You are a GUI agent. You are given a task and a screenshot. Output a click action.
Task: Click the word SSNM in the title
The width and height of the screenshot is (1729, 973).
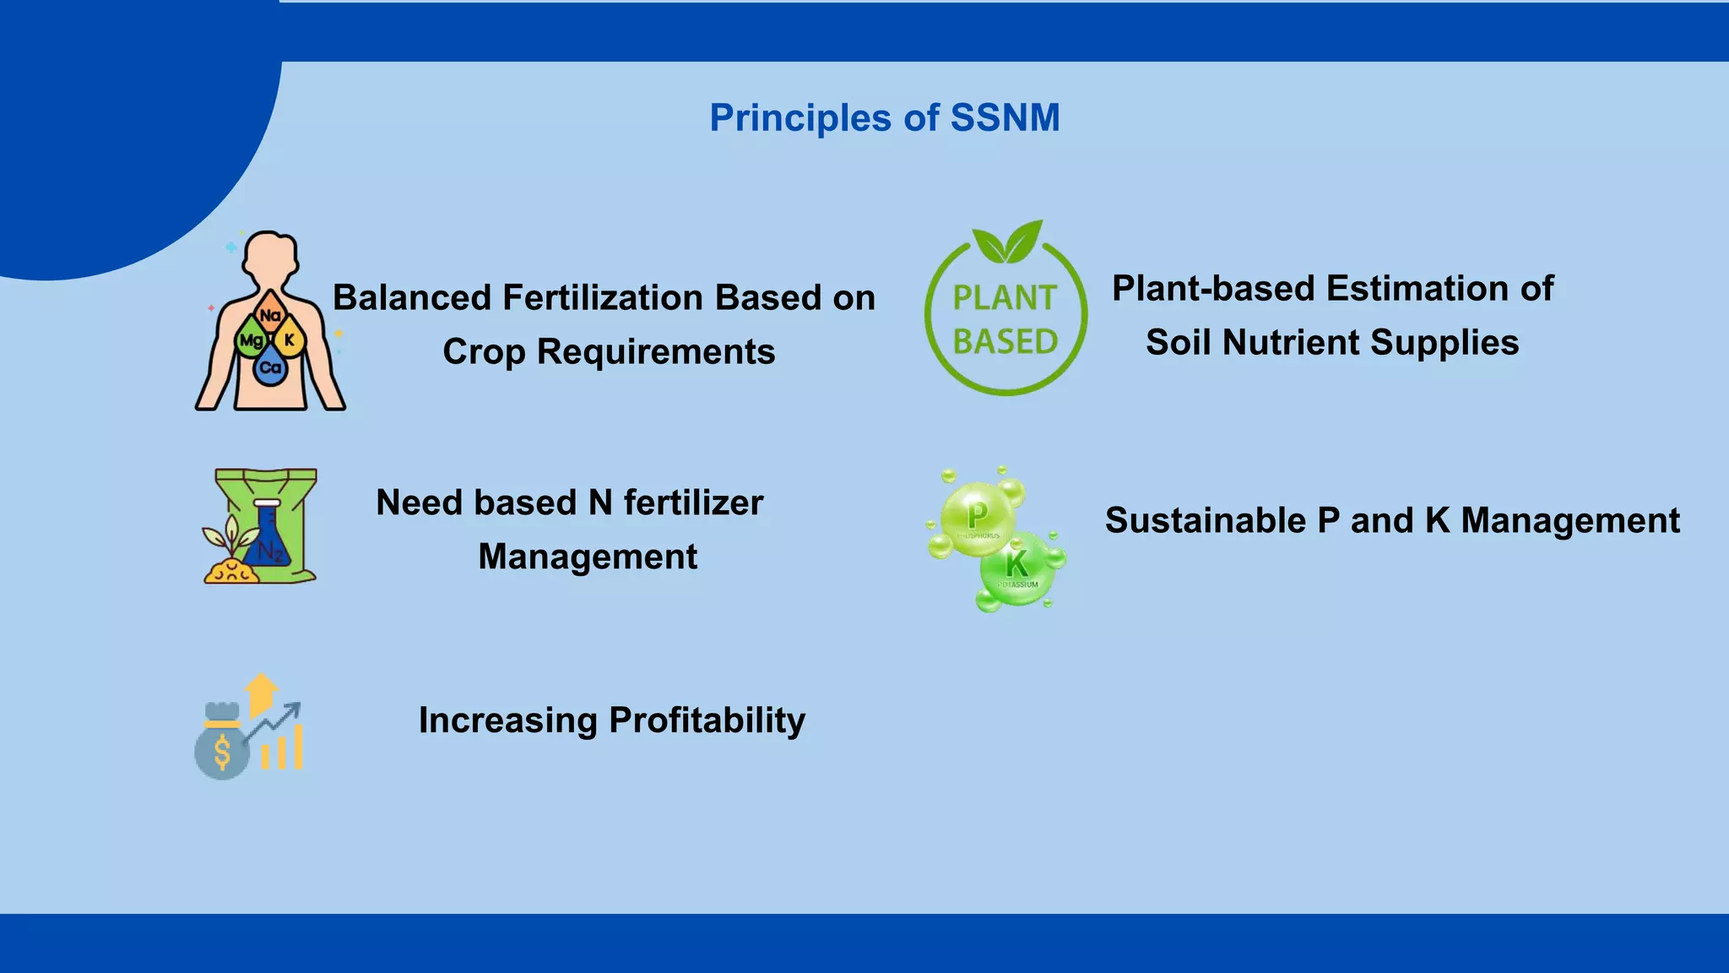(1005, 117)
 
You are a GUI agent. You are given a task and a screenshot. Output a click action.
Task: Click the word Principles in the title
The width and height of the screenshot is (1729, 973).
(799, 118)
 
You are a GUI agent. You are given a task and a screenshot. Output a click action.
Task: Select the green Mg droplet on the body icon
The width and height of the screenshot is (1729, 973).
(251, 340)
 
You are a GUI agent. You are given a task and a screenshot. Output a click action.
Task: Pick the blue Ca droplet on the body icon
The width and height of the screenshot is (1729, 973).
(270, 367)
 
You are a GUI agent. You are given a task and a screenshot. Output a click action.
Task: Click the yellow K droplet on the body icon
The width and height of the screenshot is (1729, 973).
(290, 339)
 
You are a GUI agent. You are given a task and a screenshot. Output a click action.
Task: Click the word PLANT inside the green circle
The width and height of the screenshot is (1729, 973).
(1005, 298)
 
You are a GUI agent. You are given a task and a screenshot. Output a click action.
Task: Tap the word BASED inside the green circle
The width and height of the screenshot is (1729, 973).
(1005, 342)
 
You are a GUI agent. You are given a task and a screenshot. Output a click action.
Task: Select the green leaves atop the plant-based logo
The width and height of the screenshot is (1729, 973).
(1007, 242)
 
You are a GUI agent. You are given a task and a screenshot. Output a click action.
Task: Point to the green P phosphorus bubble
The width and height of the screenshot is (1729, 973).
(978, 517)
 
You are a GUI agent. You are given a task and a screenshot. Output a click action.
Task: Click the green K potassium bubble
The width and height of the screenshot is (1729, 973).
(1017, 567)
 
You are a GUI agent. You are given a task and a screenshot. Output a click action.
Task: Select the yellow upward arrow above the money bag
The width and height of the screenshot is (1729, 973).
(261, 693)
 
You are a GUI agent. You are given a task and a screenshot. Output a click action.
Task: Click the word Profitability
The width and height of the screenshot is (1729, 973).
(707, 720)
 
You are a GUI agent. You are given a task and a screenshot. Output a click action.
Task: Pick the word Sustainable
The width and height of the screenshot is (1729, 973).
(1205, 520)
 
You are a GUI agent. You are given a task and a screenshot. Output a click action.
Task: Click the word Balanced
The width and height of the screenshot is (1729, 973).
(412, 298)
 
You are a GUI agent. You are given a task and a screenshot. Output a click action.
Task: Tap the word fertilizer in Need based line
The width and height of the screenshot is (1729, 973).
(693, 503)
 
